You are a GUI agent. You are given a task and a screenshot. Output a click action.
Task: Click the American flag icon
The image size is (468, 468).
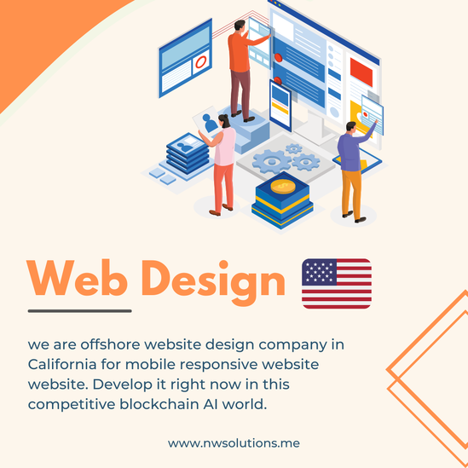(337, 284)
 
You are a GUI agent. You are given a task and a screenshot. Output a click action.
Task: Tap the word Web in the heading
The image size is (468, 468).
(78, 278)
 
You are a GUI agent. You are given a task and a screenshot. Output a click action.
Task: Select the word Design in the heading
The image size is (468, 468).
(213, 283)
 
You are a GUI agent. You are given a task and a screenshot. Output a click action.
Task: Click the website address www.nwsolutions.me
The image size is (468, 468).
(234, 443)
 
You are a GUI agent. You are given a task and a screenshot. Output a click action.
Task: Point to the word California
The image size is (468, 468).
(62, 364)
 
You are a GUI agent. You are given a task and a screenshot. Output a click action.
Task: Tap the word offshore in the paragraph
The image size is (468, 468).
(110, 344)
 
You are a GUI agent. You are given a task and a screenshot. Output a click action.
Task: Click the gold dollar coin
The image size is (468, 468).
(283, 187)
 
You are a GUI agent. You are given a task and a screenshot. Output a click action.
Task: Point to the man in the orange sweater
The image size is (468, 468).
(243, 70)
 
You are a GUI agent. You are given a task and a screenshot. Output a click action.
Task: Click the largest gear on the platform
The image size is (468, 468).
(272, 161)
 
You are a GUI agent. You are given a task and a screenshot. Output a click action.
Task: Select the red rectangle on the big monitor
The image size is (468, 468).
(361, 72)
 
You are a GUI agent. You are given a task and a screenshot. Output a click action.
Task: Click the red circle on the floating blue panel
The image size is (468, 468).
(201, 61)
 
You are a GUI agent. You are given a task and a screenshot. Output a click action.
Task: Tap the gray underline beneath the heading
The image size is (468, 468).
(79, 311)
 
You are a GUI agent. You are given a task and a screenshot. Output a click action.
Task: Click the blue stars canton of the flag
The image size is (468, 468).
(319, 272)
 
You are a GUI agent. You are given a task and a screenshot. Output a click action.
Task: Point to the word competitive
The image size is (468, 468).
(72, 405)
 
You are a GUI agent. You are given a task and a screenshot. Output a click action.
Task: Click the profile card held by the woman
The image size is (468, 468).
(207, 121)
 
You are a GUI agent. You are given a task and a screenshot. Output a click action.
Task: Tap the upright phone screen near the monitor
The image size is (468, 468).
(280, 105)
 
